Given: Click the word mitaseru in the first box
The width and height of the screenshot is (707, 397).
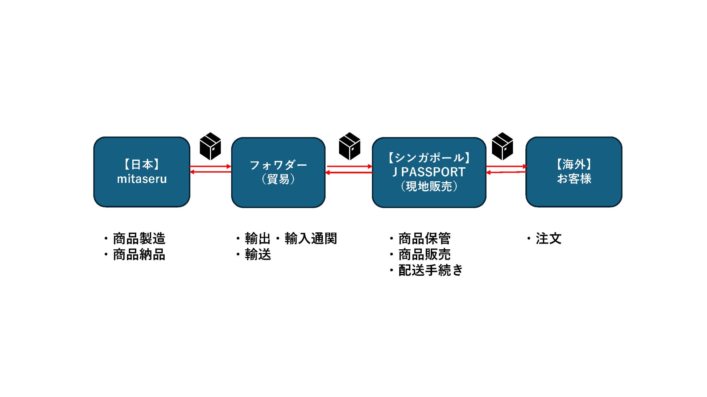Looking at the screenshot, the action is pyautogui.click(x=142, y=179).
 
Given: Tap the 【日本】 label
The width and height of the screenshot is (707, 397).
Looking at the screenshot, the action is pyautogui.click(x=142, y=164).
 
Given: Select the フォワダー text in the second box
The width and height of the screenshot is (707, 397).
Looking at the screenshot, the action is pyautogui.click(x=278, y=165).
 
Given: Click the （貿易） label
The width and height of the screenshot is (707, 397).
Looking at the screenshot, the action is pyautogui.click(x=278, y=179).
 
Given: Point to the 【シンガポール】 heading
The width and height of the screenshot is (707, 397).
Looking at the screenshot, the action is pyautogui.click(x=429, y=158).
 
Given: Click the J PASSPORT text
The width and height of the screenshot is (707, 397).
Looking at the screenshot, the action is pyautogui.click(x=429, y=172).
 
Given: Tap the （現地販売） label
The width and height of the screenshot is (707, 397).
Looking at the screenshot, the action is pyautogui.click(x=429, y=186).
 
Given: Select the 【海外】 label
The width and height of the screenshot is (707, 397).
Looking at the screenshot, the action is pyautogui.click(x=574, y=164).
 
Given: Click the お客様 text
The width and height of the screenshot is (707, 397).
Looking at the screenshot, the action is pyautogui.click(x=574, y=179).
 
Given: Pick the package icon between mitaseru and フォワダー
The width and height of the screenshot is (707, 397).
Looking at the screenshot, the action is pyautogui.click(x=210, y=146).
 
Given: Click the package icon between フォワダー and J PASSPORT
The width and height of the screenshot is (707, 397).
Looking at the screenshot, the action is pyautogui.click(x=350, y=146).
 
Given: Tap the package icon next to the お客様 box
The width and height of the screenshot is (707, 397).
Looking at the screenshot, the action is pyautogui.click(x=503, y=146).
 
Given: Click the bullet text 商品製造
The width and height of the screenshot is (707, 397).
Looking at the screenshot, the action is pyautogui.click(x=139, y=239).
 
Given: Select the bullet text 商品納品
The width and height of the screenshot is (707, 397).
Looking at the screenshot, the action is pyautogui.click(x=139, y=255).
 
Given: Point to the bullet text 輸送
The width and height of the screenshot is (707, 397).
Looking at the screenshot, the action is pyautogui.click(x=258, y=255).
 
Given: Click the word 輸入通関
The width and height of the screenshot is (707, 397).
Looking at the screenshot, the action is pyautogui.click(x=311, y=239).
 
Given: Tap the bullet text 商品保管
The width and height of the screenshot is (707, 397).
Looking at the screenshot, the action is pyautogui.click(x=425, y=239).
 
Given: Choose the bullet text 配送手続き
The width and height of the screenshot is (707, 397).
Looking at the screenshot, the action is pyautogui.click(x=431, y=270).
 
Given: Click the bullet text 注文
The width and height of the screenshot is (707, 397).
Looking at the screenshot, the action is pyautogui.click(x=549, y=239).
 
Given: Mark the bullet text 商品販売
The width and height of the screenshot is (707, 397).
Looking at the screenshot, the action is pyautogui.click(x=425, y=255).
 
